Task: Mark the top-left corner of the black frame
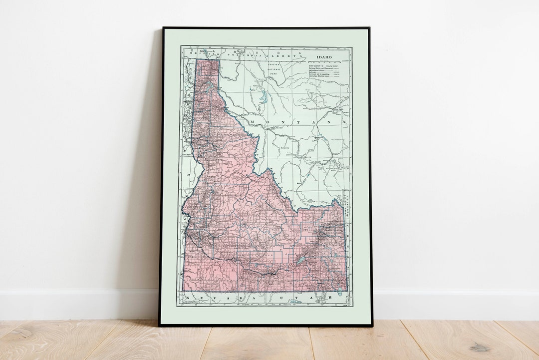coord(163,28)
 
